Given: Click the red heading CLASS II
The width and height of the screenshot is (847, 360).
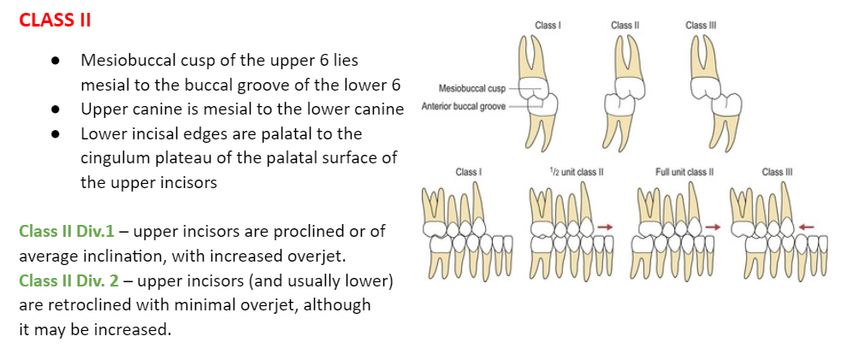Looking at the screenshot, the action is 55,21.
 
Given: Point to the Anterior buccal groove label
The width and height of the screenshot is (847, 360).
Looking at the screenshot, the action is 463,107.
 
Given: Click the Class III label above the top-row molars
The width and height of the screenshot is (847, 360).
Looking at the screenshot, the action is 701,26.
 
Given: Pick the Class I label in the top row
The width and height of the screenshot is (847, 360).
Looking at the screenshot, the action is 548,26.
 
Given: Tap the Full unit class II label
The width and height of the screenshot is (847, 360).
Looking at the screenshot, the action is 684,173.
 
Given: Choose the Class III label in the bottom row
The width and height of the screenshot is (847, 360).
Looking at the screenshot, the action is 778,173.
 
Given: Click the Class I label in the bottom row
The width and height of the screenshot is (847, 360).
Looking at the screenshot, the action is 467,173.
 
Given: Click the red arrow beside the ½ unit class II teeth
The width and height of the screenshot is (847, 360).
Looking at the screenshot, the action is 606,226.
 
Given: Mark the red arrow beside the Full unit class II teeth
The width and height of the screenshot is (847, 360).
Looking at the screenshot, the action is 713,226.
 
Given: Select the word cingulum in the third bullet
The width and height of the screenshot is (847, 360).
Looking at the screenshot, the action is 116,158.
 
